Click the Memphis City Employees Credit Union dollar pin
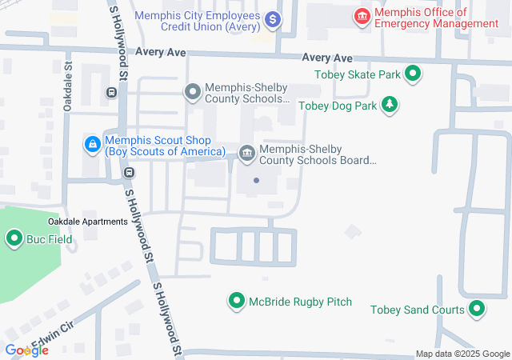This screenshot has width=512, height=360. click(x=273, y=18)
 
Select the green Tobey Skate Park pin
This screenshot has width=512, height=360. click(x=413, y=75)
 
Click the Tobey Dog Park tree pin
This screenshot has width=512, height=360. click(x=390, y=105)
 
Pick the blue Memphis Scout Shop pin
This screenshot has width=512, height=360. click(x=93, y=145)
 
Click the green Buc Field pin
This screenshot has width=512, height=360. click(x=14, y=238)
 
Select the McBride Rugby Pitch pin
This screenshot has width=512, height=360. click(x=237, y=302)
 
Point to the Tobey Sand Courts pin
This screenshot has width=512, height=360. click(x=478, y=309)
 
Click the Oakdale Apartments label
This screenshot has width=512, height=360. click(x=88, y=221)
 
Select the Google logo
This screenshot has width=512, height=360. click(x=26, y=350)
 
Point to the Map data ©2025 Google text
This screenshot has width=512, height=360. click(x=462, y=354)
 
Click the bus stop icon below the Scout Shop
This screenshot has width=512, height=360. click(x=128, y=172)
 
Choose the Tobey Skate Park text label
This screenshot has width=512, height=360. click(x=357, y=75)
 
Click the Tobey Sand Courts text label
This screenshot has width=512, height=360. click(x=417, y=310)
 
